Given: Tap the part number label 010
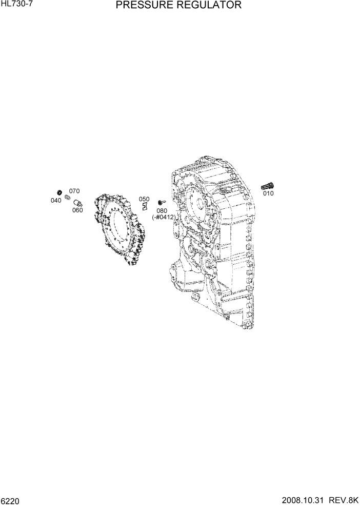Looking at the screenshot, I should coord(268,193).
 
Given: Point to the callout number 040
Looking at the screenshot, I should coord(56,201).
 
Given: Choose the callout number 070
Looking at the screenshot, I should coord(74,191).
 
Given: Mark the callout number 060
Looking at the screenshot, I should coord(77,210).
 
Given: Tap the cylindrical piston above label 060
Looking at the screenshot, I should coord(77,202).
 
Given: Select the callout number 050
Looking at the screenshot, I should coord(144,199).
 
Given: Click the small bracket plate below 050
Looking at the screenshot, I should coord(145,206).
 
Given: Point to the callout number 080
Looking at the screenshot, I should coord(162,210).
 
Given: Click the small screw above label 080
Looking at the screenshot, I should coord(162,202).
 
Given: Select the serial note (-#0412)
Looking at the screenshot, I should coord(164,217).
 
